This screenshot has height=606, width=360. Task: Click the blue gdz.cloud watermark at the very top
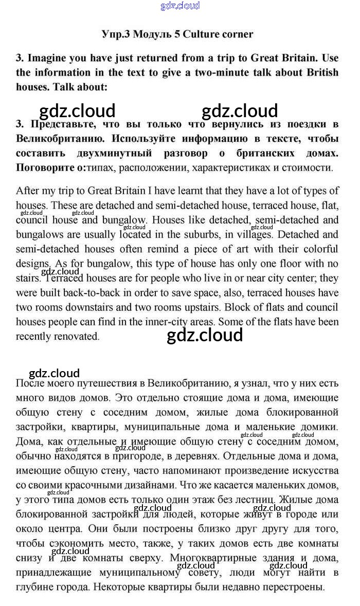click(x=180, y=6)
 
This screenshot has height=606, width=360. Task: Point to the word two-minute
click(x=220, y=72)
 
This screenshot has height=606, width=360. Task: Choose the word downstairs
click(x=96, y=307)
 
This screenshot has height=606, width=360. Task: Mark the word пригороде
click(x=144, y=456)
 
